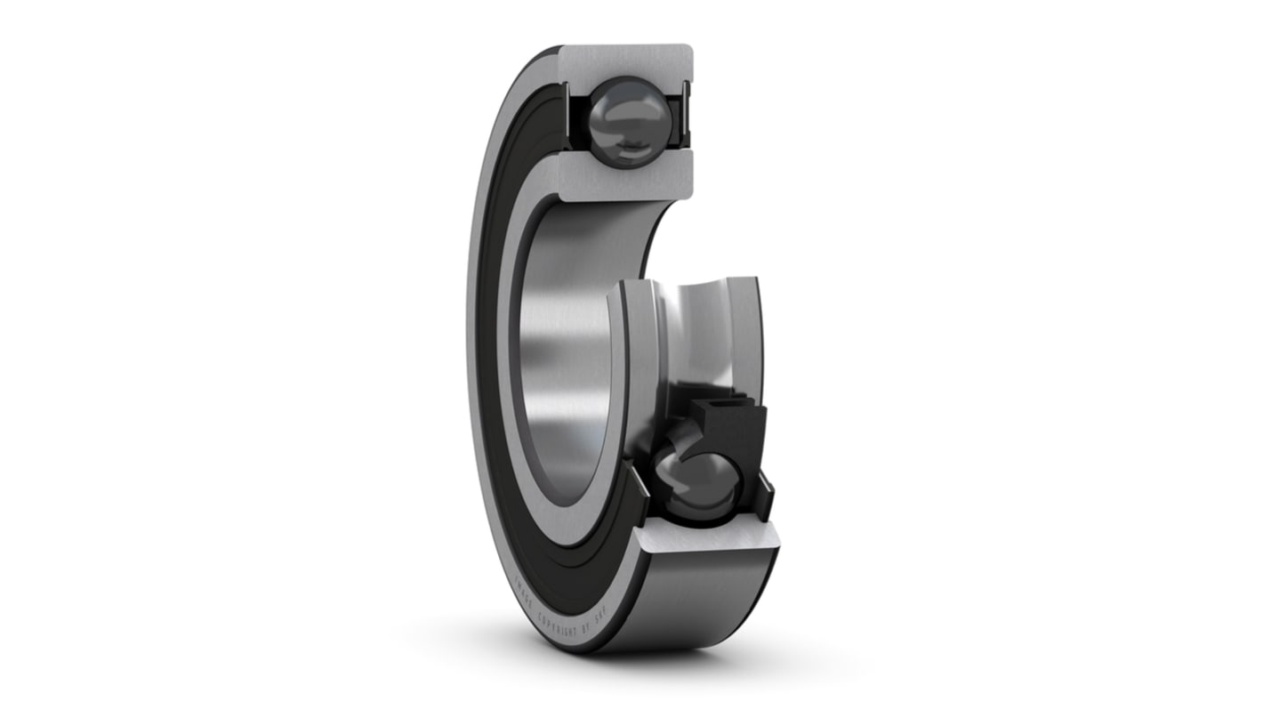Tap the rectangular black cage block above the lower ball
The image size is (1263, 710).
click(x=729, y=427)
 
